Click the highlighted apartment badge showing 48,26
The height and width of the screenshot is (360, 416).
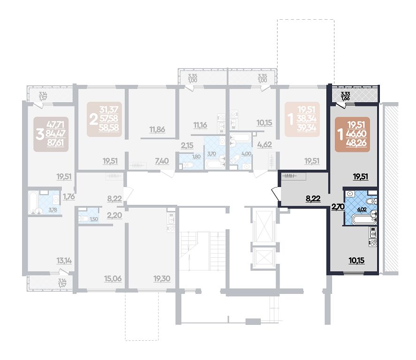click(x=352, y=135)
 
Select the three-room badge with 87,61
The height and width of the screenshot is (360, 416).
click(x=51, y=135)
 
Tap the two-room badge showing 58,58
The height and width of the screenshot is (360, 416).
click(x=104, y=119)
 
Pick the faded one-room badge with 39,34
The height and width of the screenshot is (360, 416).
click(x=302, y=119)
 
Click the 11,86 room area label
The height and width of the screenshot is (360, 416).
click(x=157, y=130)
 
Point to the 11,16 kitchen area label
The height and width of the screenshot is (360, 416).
click(x=200, y=125)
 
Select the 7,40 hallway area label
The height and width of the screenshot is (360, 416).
click(x=162, y=161)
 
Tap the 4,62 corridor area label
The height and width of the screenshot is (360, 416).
click(x=265, y=145)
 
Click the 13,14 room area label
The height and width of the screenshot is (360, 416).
click(x=64, y=261)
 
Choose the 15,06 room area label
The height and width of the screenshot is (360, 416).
click(x=113, y=278)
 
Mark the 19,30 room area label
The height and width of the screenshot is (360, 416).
click(x=162, y=278)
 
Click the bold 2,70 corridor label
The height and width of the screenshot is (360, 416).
click(x=338, y=207)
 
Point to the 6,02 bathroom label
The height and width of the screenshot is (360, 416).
click(x=362, y=209)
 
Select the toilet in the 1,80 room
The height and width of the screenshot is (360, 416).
click(x=187, y=165)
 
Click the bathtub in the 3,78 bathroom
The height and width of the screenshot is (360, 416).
click(x=33, y=202)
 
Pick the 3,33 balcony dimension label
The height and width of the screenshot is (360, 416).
click(x=345, y=94)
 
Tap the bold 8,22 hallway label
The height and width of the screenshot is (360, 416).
click(x=313, y=198)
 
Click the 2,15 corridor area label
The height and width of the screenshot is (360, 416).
click(x=187, y=145)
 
